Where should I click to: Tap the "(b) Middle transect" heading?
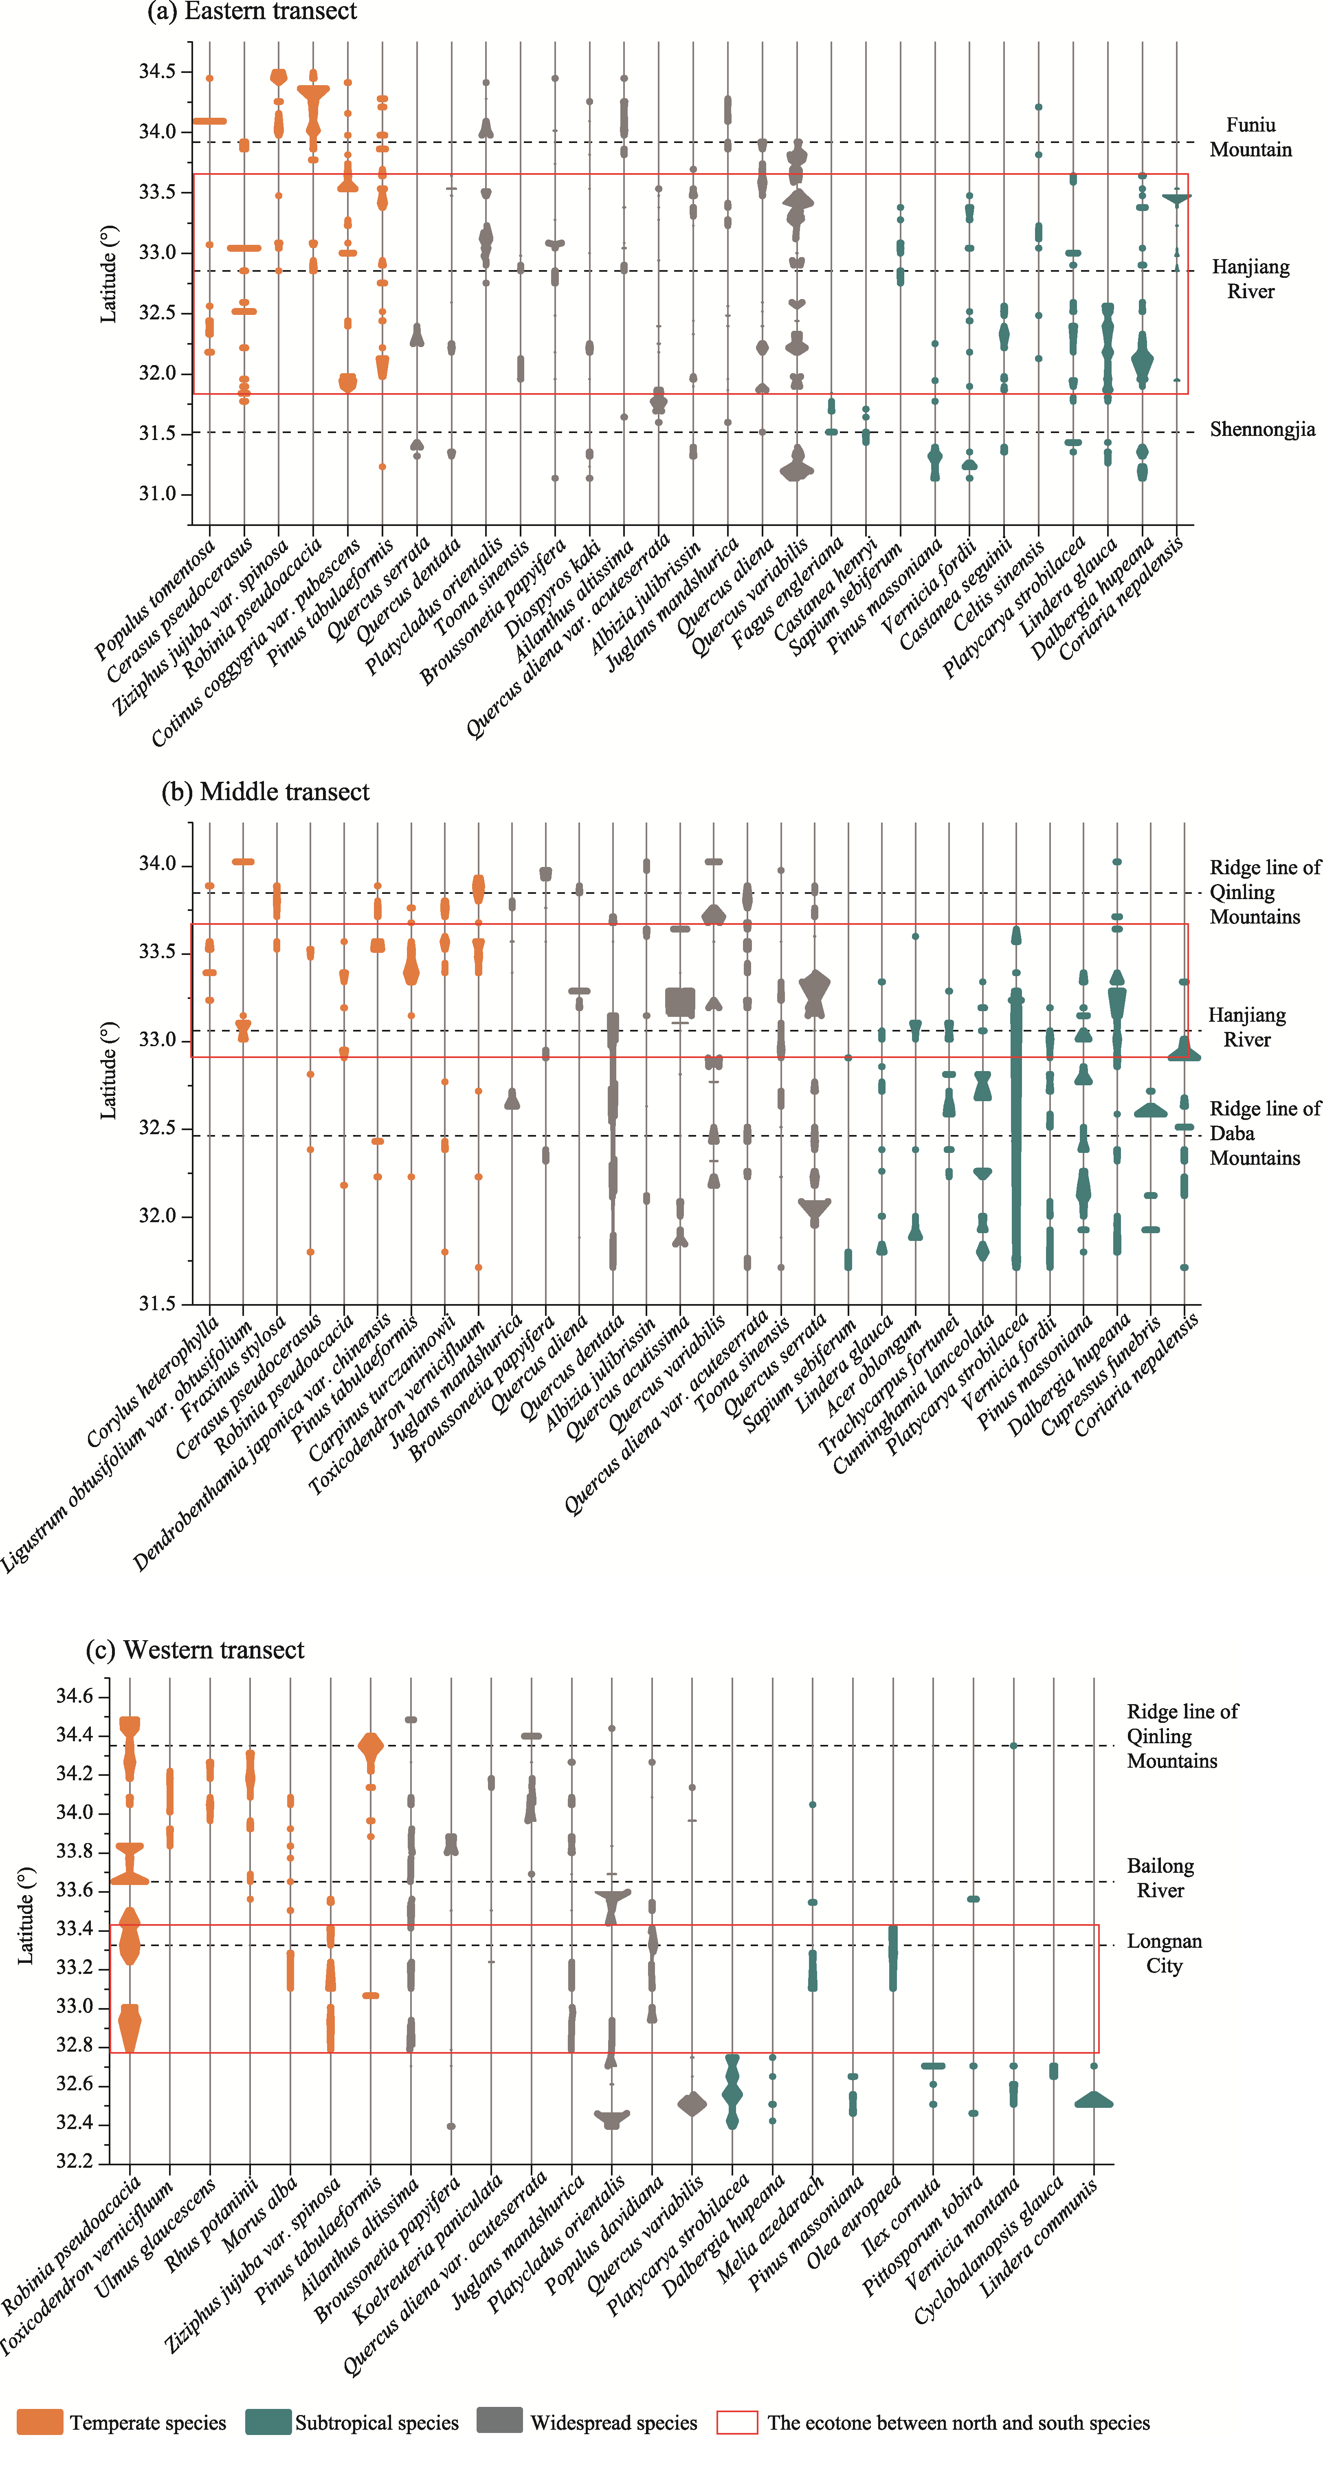coord(265,792)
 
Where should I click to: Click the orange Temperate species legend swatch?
coord(40,2422)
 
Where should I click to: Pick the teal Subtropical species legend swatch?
coord(268,2422)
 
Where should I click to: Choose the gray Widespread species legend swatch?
coord(500,2422)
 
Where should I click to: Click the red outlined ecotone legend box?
coord(736,2422)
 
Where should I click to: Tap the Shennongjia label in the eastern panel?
coord(1262,429)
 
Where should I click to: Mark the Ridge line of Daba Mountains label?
coord(1264,1133)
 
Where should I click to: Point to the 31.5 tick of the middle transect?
coord(158,1304)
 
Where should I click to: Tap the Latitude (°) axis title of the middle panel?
coord(108,1070)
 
